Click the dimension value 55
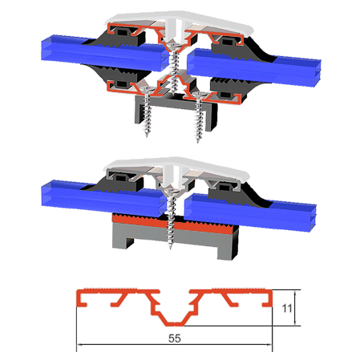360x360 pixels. (175, 338)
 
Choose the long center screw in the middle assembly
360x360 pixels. (171, 216)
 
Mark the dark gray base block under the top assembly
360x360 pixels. (172, 107)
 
